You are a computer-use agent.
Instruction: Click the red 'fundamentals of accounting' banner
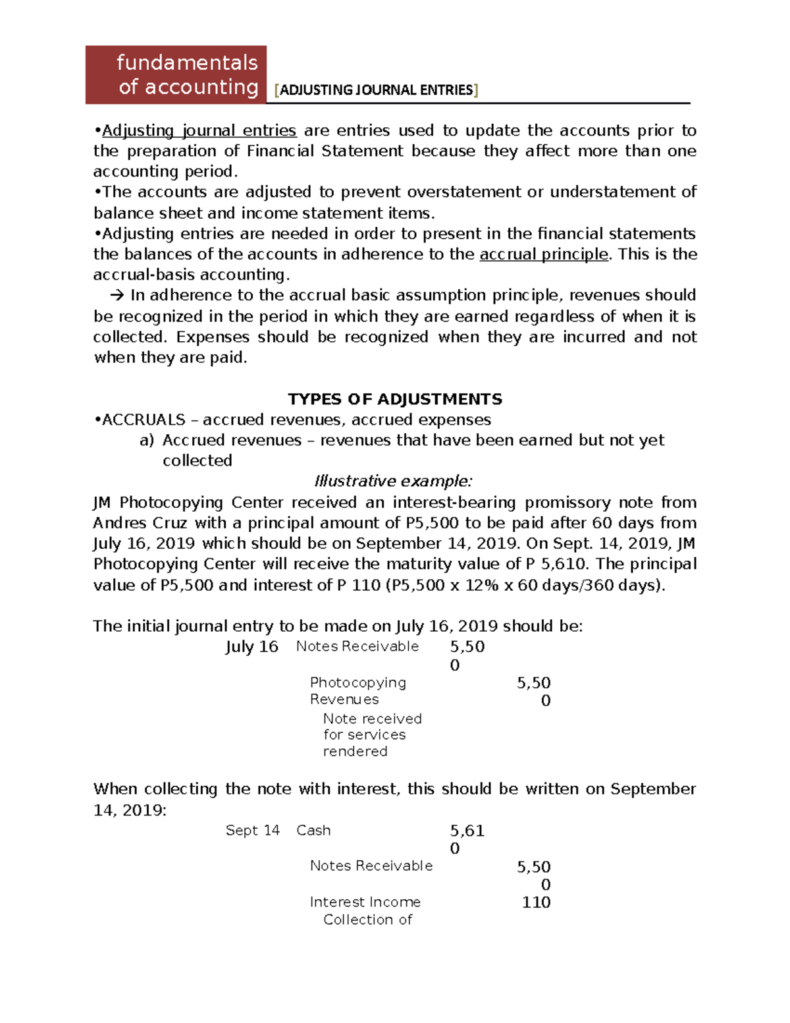pyautogui.click(x=176, y=74)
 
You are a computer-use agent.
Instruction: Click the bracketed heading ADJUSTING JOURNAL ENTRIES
pyautogui.click(x=376, y=90)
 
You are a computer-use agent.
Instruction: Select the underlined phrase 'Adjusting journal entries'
pyautogui.click(x=199, y=130)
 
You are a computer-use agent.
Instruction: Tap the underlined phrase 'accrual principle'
pyautogui.click(x=544, y=254)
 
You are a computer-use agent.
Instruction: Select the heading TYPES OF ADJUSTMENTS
pyautogui.click(x=395, y=399)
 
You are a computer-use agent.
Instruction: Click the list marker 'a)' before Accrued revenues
pyautogui.click(x=146, y=440)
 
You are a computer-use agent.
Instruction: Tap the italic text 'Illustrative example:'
pyautogui.click(x=393, y=481)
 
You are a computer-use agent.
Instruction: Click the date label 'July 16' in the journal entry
pyautogui.click(x=251, y=647)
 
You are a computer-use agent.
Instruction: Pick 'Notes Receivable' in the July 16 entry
pyautogui.click(x=357, y=646)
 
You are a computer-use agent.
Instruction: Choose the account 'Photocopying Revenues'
pyautogui.click(x=357, y=690)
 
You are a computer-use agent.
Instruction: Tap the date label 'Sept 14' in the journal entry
pyautogui.click(x=252, y=830)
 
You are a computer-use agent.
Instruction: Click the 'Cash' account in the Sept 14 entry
pyautogui.click(x=313, y=830)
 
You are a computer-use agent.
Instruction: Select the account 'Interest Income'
pyautogui.click(x=365, y=902)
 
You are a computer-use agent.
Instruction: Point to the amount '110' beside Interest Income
pyautogui.click(x=536, y=902)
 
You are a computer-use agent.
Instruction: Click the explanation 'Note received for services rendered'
pyautogui.click(x=372, y=734)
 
